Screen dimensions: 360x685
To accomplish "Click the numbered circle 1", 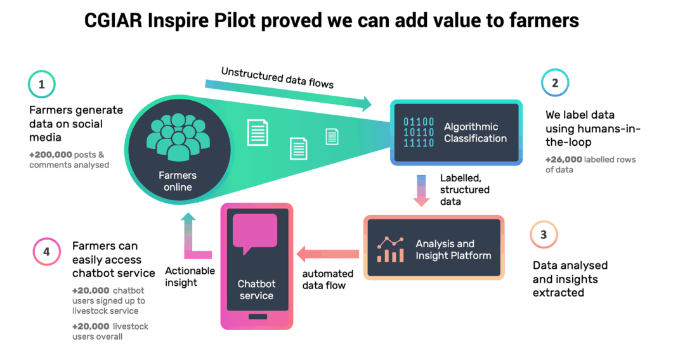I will point(42,84).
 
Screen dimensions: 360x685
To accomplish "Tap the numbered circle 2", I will point(555,83).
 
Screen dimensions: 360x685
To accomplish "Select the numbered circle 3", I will point(544,235).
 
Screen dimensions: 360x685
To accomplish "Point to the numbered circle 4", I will point(46,252).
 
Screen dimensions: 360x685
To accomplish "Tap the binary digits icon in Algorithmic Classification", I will point(419,132).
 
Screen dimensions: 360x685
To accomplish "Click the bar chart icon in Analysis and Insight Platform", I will point(390,250).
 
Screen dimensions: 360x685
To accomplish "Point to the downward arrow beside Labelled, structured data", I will point(421,190).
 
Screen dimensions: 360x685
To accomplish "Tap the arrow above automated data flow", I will point(328,254).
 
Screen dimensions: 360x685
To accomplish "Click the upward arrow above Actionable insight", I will point(190,235).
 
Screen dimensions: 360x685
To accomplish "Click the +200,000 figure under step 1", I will point(50,155).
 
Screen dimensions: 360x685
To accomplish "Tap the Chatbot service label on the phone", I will point(256,290).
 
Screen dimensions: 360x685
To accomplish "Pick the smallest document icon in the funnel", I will point(332,136).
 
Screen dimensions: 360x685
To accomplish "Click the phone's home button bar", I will point(256,316).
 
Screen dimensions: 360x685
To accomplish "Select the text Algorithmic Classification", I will point(475,132).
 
